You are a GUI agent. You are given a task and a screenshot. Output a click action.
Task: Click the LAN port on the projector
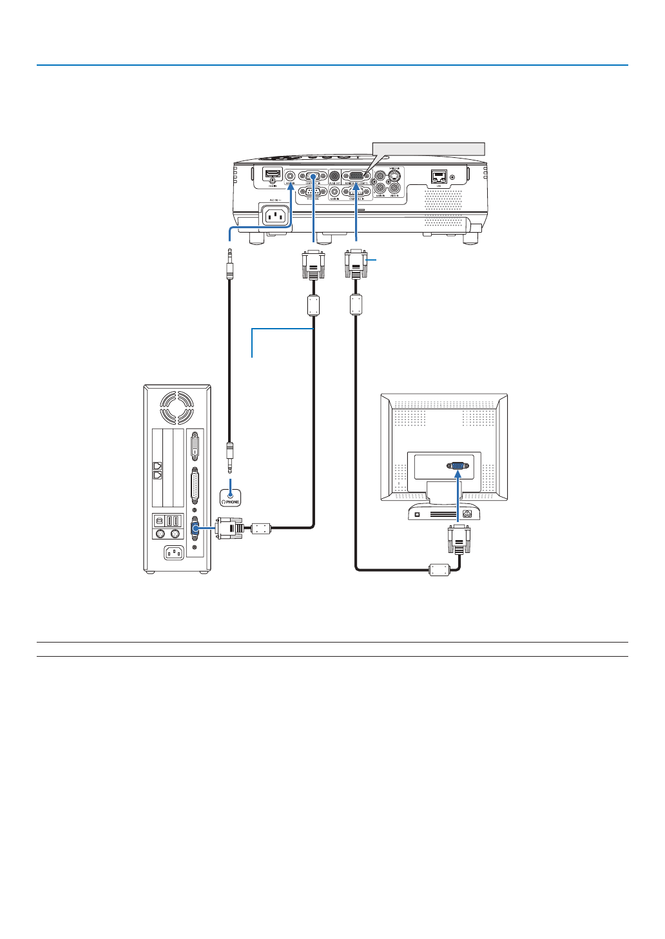[439, 177]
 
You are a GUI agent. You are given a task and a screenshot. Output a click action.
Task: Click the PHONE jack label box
[230, 498]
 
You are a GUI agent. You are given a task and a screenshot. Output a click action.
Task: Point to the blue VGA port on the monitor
[458, 465]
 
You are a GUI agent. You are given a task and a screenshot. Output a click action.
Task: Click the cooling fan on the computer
[177, 407]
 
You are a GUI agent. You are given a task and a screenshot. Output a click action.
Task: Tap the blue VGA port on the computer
[195, 529]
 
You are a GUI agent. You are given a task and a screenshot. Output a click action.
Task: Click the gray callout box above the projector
[429, 148]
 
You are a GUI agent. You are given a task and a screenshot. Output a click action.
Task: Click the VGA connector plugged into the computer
[229, 528]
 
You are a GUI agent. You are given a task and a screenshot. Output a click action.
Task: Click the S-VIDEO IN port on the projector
[390, 174]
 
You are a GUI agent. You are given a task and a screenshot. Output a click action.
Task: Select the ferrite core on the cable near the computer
[260, 528]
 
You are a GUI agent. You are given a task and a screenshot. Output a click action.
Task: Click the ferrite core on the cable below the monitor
[439, 569]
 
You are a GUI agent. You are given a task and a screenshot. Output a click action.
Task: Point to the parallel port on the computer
[195, 482]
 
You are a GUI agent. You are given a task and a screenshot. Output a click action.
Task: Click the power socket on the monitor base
[467, 514]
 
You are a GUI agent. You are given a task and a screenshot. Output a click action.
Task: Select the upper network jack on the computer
[157, 465]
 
